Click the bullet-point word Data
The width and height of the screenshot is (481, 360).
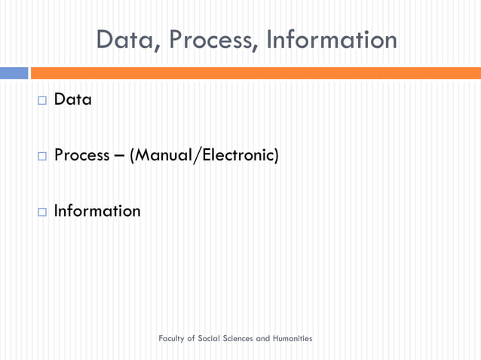coord(73,99)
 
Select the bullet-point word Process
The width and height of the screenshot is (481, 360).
coord(82,155)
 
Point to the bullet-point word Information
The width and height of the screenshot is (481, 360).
coord(97,211)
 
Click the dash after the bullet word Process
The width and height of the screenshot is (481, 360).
coord(120,156)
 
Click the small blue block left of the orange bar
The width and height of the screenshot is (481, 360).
coord(14,73)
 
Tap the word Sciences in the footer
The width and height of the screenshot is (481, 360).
coord(240,339)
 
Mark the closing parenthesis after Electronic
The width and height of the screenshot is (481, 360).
coord(276,155)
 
